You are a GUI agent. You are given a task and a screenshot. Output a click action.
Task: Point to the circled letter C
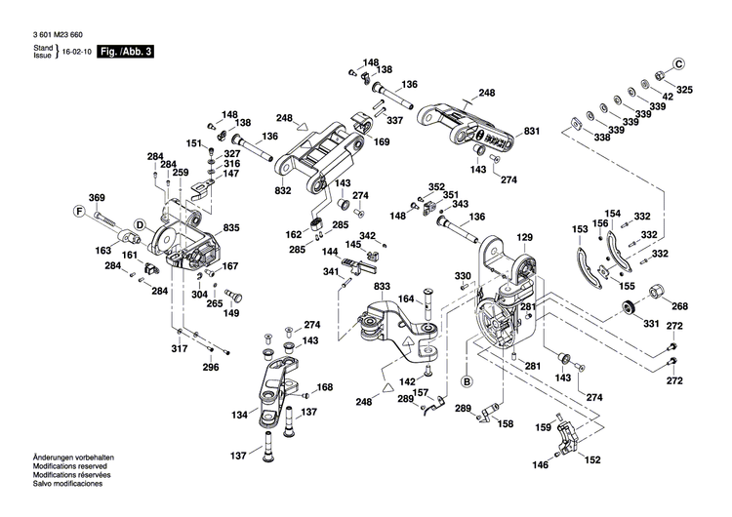click(x=678, y=63)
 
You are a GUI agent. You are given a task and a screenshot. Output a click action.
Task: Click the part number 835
click(x=231, y=228)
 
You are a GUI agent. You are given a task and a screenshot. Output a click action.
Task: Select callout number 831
click(x=531, y=131)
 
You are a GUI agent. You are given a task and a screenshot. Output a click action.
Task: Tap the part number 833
click(x=381, y=286)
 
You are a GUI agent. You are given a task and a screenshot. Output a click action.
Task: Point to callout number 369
click(x=97, y=198)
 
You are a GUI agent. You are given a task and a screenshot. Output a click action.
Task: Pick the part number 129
click(x=525, y=238)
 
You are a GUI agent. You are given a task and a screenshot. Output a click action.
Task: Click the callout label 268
click(x=679, y=306)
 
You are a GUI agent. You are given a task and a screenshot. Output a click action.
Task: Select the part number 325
click(x=684, y=90)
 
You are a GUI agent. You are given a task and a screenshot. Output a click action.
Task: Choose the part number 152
click(x=591, y=459)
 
